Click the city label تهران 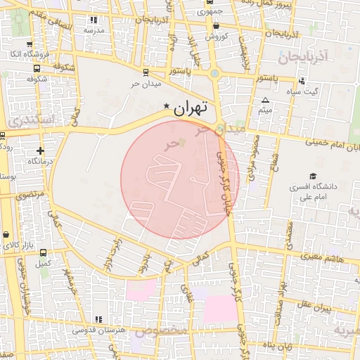[x=191, y=109]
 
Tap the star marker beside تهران [x=167, y=106]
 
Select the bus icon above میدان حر [x=146, y=72]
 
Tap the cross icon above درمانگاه [x=40, y=150]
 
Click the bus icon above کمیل [x=44, y=252]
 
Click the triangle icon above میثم [x=265, y=100]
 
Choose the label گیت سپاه [x=306, y=91]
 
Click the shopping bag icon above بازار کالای [x=7, y=235]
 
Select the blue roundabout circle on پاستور [x=214, y=72]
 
